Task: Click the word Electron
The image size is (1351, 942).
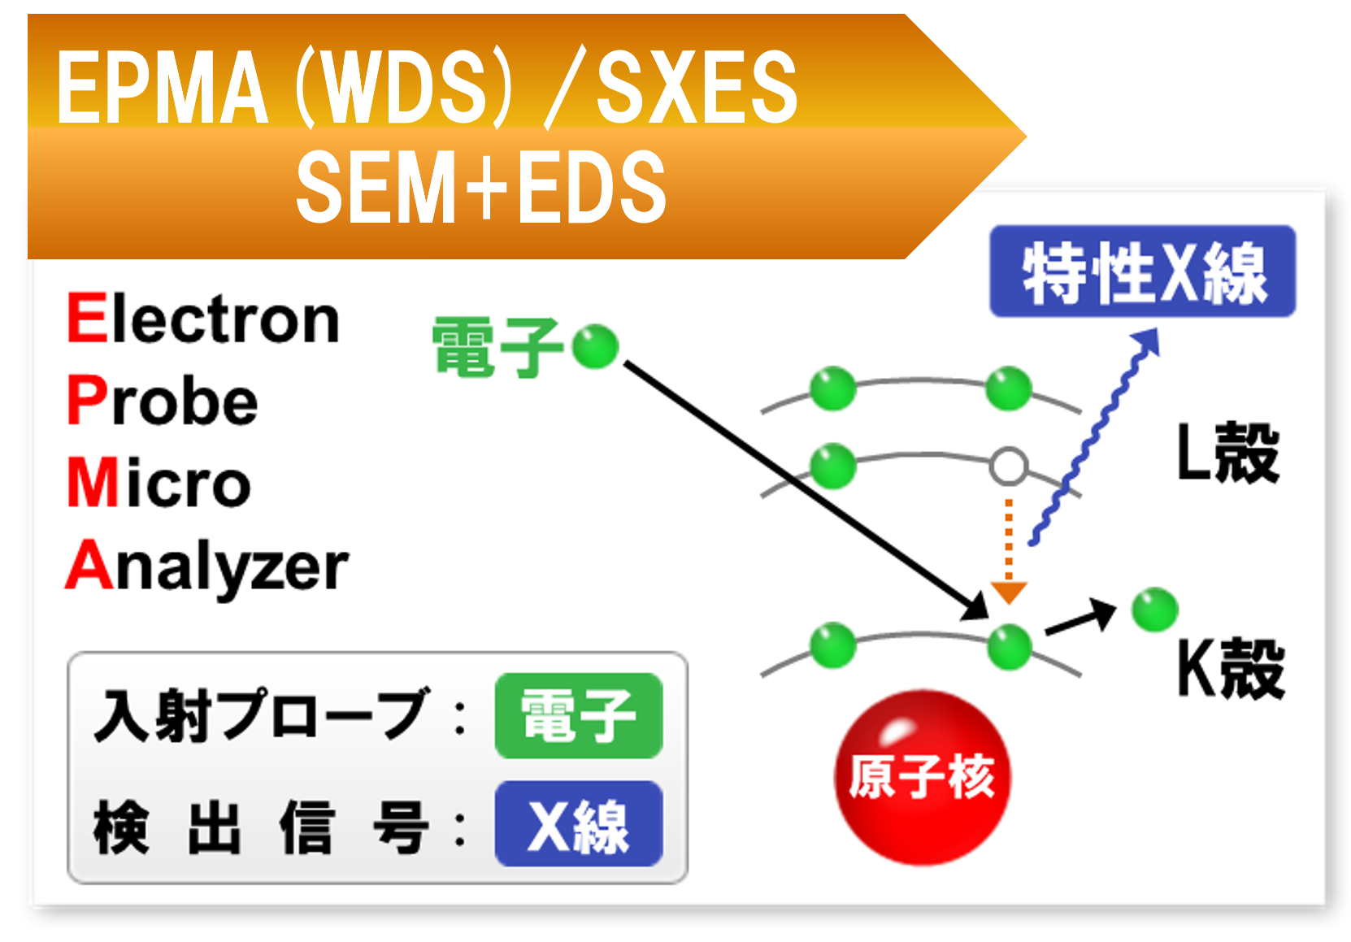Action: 203,319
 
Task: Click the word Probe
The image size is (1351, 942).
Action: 163,400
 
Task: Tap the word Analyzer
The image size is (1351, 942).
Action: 207,567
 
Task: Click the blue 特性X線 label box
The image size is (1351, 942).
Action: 1141,271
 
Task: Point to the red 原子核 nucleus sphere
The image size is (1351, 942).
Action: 923,776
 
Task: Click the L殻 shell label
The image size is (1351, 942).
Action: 1228,453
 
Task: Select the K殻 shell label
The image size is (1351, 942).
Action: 1231,668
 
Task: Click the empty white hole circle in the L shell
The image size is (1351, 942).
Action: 1008,467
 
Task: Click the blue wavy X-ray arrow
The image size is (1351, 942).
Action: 1093,439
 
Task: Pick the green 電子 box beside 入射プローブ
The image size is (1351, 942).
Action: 579,716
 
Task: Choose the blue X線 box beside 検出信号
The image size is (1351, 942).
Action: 579,824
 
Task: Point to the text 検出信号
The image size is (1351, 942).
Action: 260,827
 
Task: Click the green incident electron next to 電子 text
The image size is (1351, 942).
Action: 595,346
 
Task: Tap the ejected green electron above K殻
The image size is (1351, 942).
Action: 1154,610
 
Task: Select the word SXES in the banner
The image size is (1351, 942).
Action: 697,86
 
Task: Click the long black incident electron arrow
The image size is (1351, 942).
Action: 805,488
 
